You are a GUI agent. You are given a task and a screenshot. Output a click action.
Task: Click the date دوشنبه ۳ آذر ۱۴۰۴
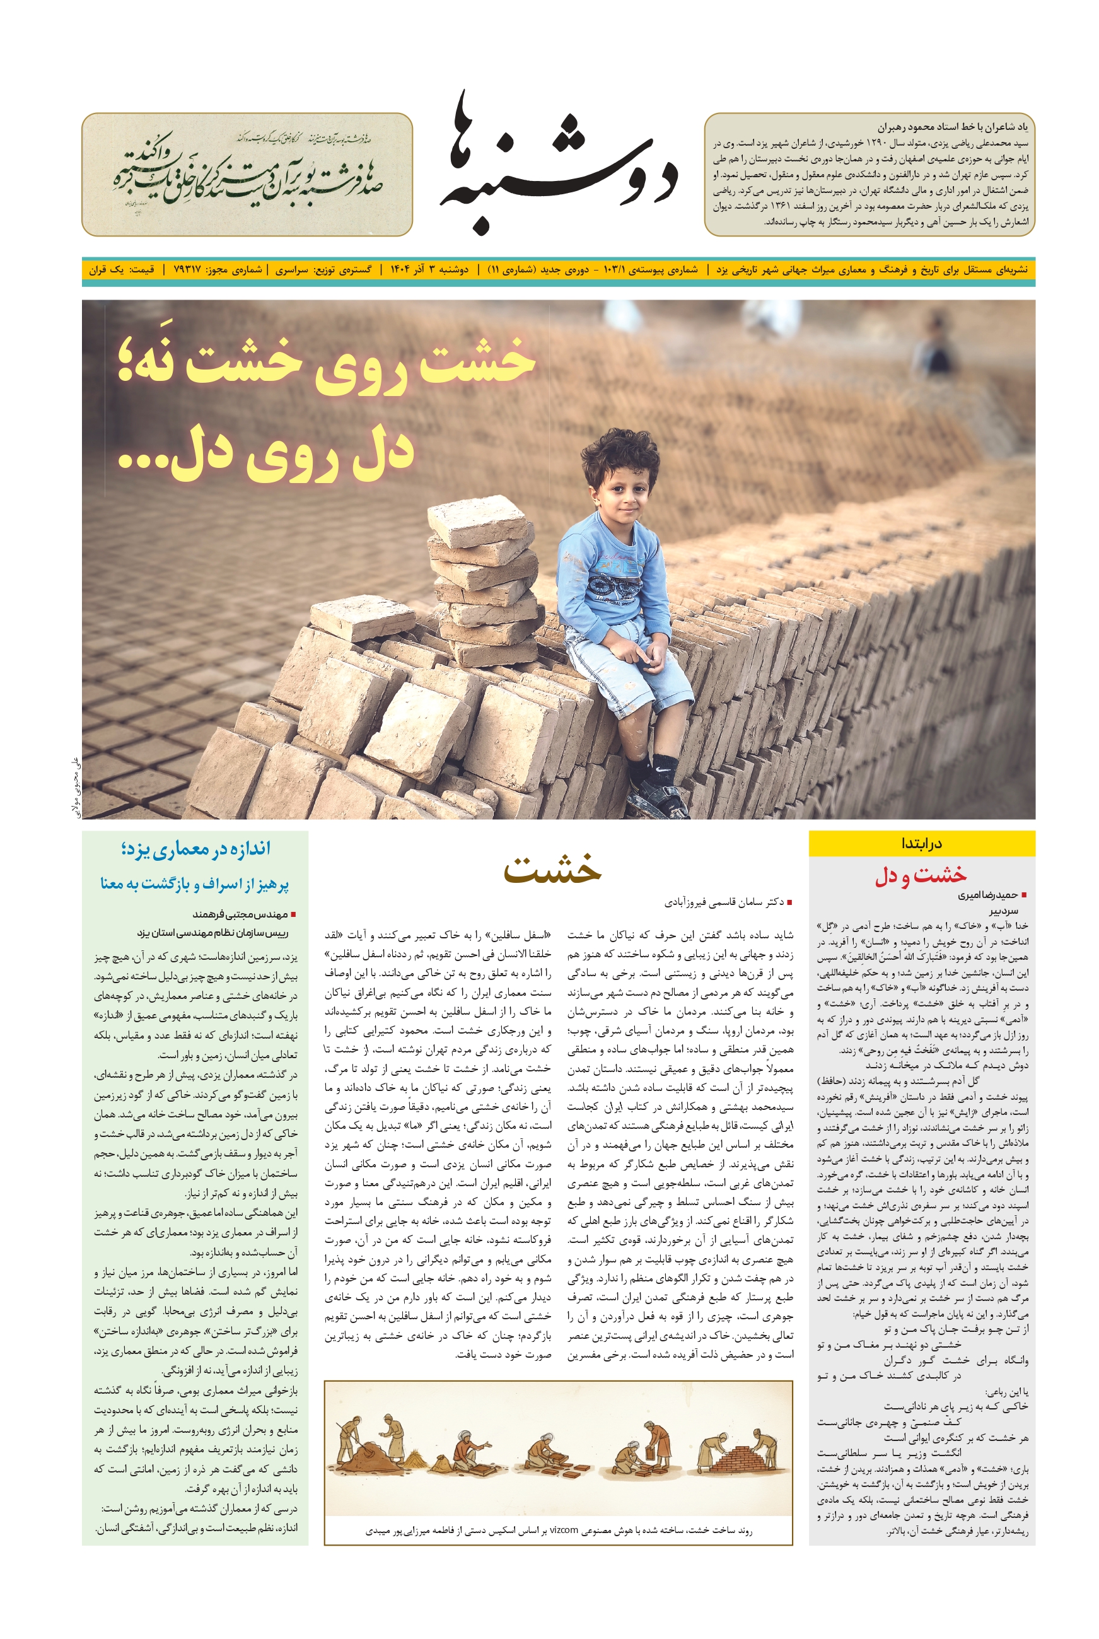tap(429, 270)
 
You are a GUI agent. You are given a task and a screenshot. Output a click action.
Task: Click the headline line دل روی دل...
tap(266, 456)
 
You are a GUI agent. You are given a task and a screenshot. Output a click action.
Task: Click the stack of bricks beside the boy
tap(484, 568)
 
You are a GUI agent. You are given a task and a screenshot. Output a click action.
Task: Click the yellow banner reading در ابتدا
tap(921, 843)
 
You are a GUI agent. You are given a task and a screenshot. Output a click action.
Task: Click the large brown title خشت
tap(552, 869)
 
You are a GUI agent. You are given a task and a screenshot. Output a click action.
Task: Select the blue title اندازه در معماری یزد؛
tap(195, 849)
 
